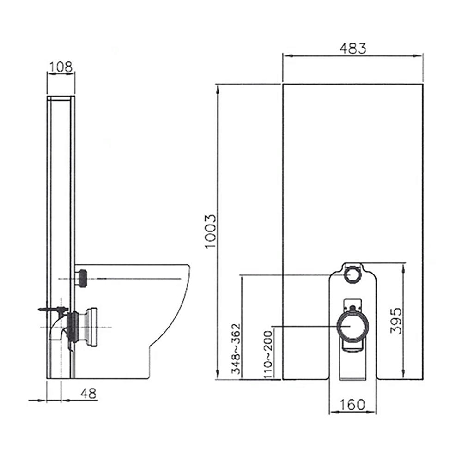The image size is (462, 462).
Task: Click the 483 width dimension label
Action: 353,48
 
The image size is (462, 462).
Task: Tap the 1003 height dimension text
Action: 211,231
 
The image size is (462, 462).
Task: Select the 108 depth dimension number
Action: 61,67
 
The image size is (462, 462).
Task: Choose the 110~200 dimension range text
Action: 268,355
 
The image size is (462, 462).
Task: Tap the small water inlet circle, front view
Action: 353,275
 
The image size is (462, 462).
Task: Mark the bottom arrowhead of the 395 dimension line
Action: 404,375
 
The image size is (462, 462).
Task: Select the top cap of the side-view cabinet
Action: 61,98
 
